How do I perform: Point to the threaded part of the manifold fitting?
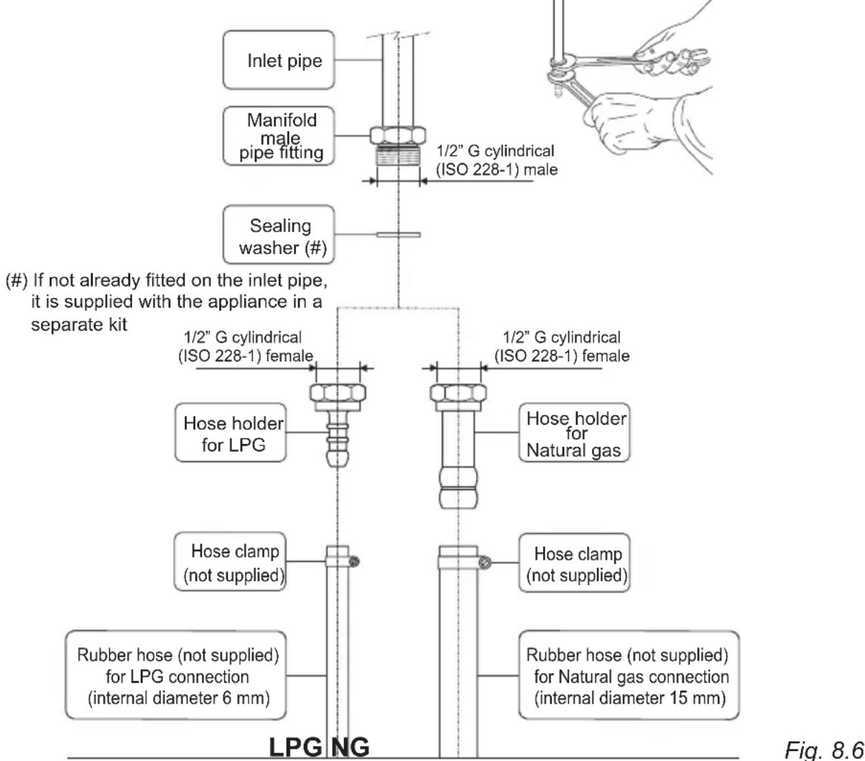[x=396, y=156]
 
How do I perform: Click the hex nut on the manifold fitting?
[x=396, y=136]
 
